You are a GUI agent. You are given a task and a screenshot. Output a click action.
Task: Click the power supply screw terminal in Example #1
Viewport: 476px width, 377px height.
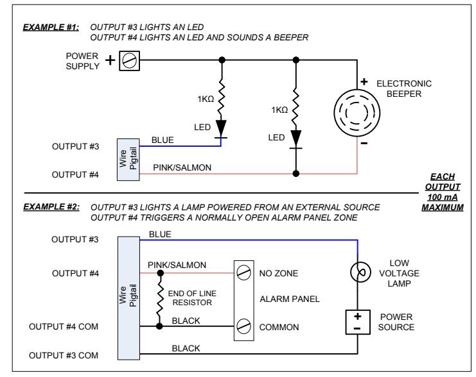coord(129,61)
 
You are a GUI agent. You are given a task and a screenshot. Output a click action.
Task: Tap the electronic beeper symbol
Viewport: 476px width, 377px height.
coord(357,113)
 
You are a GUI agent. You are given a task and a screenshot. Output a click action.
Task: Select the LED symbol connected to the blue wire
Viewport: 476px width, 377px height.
coord(221,130)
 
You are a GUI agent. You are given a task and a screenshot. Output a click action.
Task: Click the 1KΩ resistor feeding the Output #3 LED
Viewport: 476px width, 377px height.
coord(222,97)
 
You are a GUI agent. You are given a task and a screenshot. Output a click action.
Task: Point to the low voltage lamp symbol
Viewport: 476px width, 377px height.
coord(360,272)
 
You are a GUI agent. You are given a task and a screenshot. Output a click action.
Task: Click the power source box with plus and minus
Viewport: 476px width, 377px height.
coord(358,322)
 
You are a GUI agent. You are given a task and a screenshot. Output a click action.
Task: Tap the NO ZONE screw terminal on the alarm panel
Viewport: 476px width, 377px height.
coord(243,272)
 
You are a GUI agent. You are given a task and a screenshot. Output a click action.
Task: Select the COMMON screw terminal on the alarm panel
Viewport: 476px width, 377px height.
coord(243,326)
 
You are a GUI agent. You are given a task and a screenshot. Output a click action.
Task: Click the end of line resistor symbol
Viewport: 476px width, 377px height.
coord(160,299)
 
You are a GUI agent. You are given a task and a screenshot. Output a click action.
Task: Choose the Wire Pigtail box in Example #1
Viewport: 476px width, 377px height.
coord(128,160)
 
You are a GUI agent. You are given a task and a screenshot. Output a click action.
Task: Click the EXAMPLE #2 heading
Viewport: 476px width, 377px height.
coord(51,207)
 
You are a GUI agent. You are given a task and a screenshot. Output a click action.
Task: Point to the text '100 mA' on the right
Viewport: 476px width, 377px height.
coord(443,197)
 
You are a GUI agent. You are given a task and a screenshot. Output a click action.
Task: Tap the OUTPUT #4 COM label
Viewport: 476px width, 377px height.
coord(64,327)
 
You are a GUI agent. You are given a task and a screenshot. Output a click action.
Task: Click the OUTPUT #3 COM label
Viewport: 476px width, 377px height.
coord(64,355)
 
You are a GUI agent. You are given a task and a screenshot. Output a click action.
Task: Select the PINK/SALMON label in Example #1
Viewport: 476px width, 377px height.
coord(182,167)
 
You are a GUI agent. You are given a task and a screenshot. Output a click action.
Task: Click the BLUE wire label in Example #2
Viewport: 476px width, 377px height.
coord(160,234)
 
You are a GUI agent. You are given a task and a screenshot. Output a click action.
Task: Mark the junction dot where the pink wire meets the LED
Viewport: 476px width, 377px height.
coord(296,174)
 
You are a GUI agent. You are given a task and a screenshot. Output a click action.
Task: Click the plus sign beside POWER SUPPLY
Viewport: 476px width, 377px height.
coord(110,60)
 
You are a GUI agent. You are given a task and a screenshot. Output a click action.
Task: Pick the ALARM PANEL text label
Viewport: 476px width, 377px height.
coord(290,299)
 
